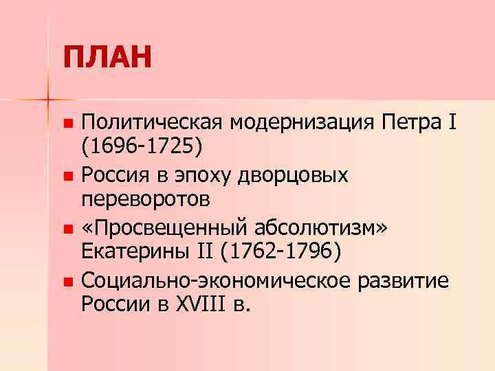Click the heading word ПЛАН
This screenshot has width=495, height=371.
pos(107,58)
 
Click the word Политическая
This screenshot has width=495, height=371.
pos(152,124)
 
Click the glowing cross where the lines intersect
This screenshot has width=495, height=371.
pos(48,100)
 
